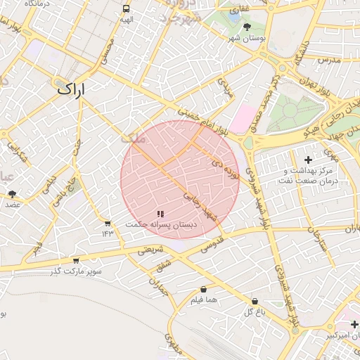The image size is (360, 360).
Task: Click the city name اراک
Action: (x=70, y=89)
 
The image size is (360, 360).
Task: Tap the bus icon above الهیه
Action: (x=126, y=9)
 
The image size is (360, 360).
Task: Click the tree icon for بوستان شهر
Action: (x=247, y=27)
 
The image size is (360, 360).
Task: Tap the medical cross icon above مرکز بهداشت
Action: (x=308, y=160)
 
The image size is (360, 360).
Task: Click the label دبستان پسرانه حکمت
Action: (x=161, y=224)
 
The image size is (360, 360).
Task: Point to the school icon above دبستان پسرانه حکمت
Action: (x=161, y=213)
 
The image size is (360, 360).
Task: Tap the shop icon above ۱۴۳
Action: (x=108, y=224)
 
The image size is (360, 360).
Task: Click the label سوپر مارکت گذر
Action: (x=76, y=271)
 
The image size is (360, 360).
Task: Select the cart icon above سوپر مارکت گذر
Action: (x=76, y=261)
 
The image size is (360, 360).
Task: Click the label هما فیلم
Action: (x=204, y=300)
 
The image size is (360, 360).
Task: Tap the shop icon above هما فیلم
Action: (x=204, y=290)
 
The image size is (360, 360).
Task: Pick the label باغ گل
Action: (x=255, y=311)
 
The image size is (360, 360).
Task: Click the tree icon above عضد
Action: (x=13, y=193)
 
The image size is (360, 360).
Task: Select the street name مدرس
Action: (x=328, y=60)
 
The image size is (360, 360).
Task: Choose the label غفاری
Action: (x=241, y=8)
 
